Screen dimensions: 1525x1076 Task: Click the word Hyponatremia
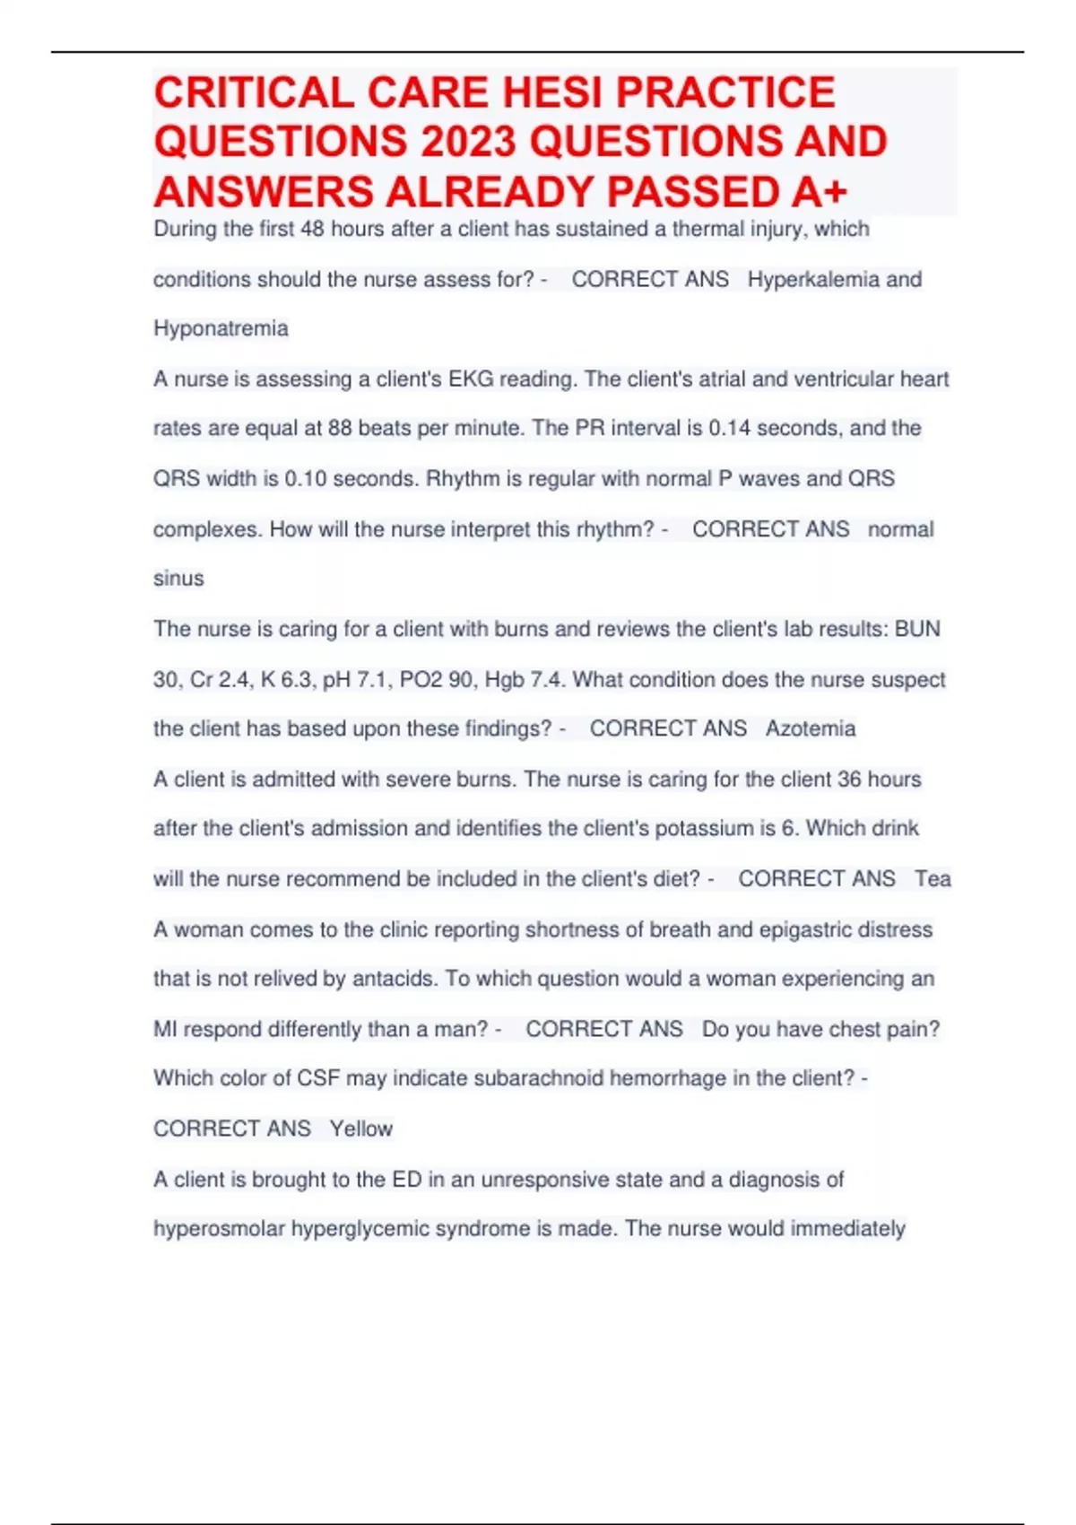221,329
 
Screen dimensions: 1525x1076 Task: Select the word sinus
178,579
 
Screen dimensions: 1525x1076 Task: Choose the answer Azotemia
811,728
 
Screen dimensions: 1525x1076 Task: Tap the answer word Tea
933,879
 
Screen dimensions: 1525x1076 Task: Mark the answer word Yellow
360,1128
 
